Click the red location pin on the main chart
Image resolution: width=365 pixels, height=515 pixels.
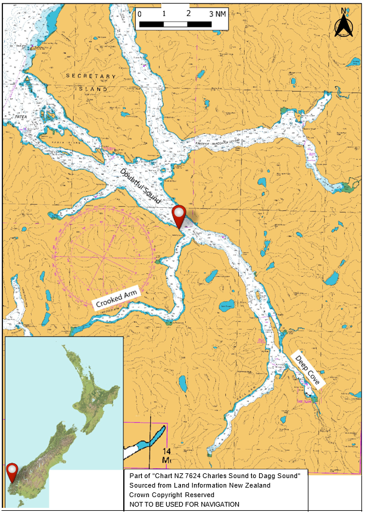(179, 216)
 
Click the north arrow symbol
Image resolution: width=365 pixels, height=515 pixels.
(344, 25)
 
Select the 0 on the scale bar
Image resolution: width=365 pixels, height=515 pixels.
(139, 13)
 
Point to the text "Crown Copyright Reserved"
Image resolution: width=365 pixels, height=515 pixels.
(171, 495)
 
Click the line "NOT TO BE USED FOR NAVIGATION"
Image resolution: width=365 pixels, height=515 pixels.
(184, 504)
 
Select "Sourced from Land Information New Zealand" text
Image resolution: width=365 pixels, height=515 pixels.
(199, 485)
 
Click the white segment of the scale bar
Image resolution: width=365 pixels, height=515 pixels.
(176, 24)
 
